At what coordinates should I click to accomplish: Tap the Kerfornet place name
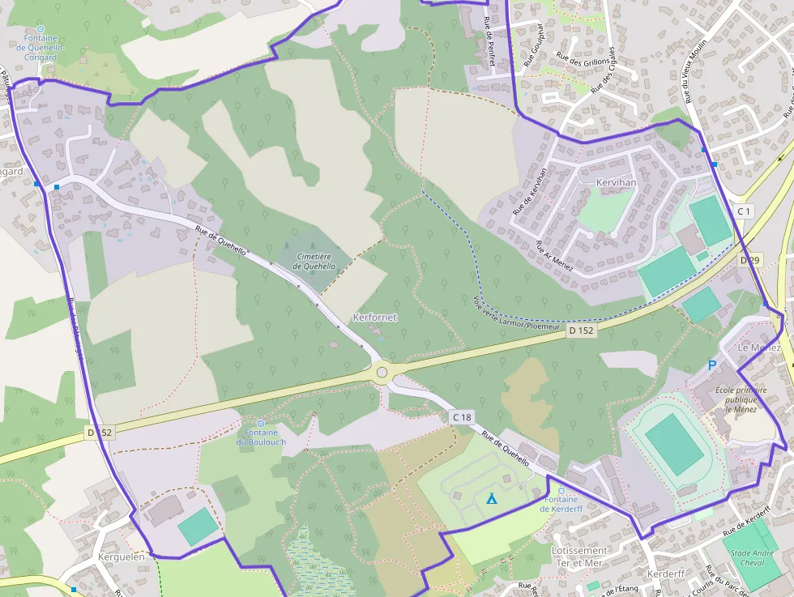[x=375, y=318]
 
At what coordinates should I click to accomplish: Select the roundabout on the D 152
[x=382, y=373]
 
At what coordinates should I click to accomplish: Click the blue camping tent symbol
[x=491, y=498]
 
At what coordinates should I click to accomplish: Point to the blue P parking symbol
[x=712, y=365]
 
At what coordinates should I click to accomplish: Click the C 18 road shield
[x=461, y=416]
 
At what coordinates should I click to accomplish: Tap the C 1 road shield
[x=744, y=211]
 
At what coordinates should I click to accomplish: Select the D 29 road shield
[x=750, y=261]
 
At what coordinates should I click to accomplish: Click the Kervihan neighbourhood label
[x=616, y=183]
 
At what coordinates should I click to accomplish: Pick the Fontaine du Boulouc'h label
[x=261, y=437]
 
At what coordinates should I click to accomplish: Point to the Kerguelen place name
[x=121, y=556]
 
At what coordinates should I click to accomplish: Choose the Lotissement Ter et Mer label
[x=578, y=556]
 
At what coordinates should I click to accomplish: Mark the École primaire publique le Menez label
[x=741, y=399]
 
